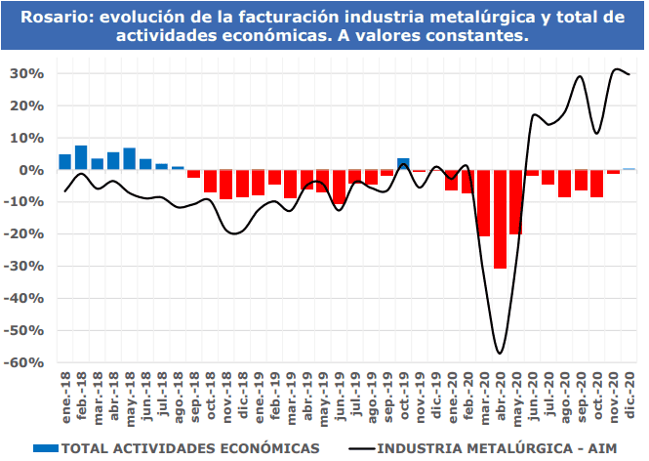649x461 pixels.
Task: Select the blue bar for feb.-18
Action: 81,157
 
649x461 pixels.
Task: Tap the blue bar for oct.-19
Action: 403,164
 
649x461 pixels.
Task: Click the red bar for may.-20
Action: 516,201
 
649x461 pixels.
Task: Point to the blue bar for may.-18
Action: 129,158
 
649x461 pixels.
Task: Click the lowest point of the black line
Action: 500,353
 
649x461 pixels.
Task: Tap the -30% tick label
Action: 30,267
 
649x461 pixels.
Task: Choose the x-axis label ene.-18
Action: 65,395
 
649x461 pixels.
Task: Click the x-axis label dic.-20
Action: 629,395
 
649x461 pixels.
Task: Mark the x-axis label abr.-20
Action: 501,395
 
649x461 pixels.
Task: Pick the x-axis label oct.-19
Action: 404,395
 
